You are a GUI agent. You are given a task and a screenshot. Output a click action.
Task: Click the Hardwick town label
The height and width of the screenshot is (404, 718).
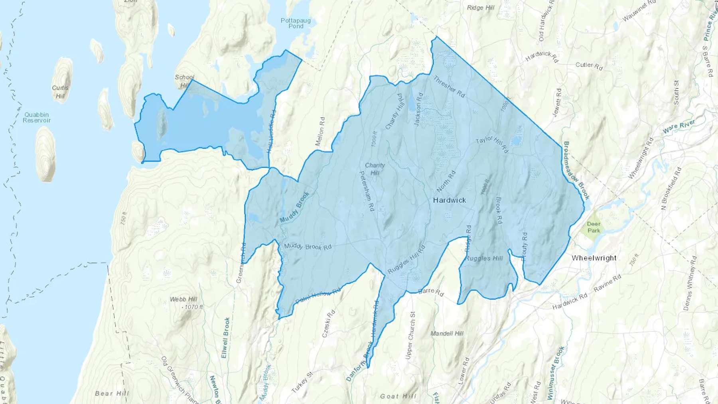450,200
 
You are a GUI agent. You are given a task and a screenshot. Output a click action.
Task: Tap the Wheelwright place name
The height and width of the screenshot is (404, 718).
594,258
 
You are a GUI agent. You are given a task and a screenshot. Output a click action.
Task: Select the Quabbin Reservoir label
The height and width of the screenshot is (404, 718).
37,118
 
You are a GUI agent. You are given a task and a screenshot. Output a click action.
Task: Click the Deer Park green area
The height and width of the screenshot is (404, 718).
594,227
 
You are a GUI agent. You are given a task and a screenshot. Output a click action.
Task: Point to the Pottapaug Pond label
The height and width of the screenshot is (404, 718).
296,23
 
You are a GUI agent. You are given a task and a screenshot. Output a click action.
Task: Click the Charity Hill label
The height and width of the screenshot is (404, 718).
375,169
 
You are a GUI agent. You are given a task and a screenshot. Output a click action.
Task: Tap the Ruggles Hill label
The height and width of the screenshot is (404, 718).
484,258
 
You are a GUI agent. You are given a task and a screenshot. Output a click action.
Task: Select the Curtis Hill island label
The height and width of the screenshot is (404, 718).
60,92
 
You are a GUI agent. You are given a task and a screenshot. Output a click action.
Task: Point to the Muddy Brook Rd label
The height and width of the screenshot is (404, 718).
308,247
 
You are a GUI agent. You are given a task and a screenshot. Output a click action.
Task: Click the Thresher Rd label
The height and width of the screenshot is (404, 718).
449,87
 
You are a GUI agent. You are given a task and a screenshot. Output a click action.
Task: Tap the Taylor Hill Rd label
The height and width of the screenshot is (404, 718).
492,144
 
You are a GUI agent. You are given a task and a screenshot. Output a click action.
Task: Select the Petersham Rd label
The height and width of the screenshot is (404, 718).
367,191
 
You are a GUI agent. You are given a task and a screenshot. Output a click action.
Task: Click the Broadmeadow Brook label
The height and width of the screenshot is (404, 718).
576,170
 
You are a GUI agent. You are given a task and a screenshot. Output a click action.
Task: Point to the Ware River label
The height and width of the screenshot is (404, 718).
679,126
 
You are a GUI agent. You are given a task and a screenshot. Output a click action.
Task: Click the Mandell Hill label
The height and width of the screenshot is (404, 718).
447,333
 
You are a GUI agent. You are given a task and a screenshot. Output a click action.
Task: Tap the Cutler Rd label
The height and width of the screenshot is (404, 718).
589,66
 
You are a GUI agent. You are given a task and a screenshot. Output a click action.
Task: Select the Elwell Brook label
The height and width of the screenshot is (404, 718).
226,337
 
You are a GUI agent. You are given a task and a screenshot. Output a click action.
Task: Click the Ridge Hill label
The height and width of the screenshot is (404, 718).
481,8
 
